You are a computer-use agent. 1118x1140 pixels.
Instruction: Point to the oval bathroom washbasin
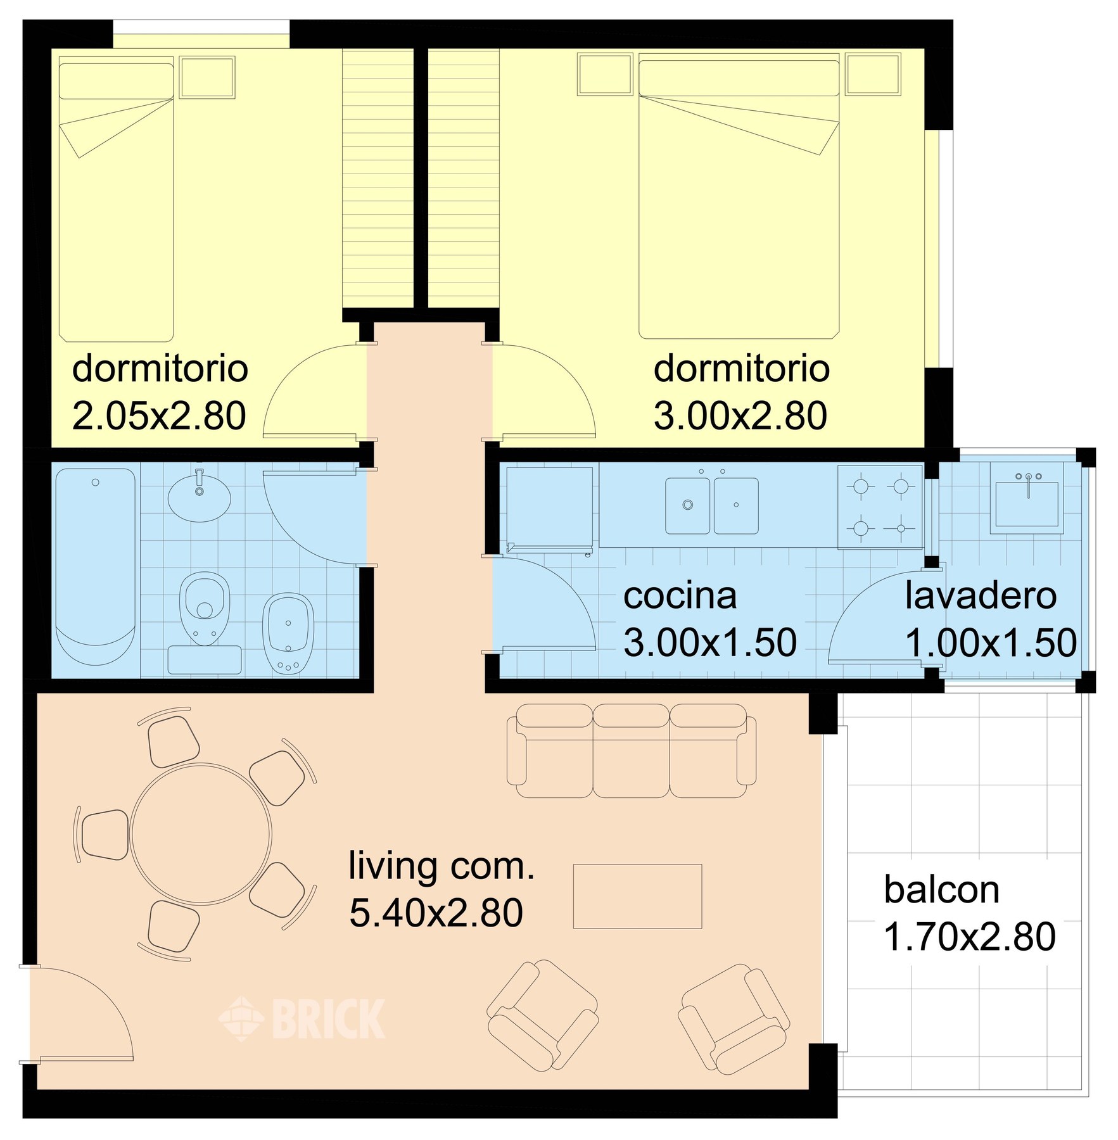[200, 498]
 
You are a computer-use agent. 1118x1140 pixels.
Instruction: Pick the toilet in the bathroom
[205, 609]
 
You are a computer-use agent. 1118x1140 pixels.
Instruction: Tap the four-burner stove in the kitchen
[880, 507]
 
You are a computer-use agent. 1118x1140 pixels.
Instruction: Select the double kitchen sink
[711, 505]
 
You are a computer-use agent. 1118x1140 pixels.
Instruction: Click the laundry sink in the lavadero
[1027, 503]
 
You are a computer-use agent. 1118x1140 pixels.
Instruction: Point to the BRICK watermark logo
[302, 1019]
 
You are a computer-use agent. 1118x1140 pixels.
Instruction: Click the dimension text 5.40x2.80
[436, 913]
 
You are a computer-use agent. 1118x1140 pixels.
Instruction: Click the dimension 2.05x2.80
[159, 416]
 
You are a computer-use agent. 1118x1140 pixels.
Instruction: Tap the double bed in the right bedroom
[739, 196]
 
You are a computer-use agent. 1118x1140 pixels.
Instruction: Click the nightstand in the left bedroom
[207, 77]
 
